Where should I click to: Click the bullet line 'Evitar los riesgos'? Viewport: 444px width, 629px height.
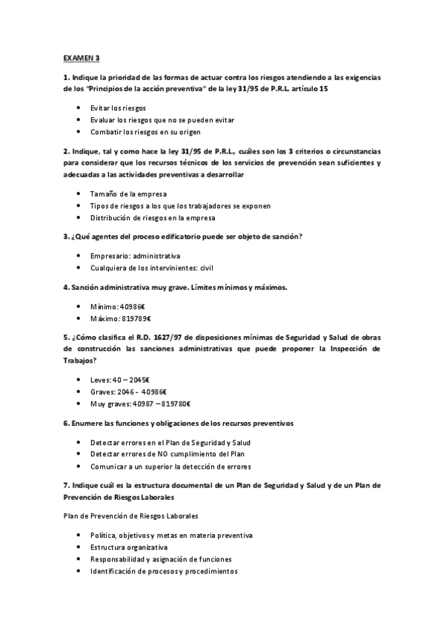(x=118, y=108)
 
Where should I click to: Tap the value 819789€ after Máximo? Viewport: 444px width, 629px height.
(x=139, y=318)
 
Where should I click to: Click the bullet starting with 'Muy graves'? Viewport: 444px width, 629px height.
(x=141, y=404)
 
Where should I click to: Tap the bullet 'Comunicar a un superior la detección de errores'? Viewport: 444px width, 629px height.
(x=170, y=466)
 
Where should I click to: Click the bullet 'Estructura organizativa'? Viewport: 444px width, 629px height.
(x=129, y=547)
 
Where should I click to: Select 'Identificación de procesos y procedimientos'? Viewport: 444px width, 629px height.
(x=164, y=571)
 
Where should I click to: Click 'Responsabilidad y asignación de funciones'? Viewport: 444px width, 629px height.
(x=161, y=559)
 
